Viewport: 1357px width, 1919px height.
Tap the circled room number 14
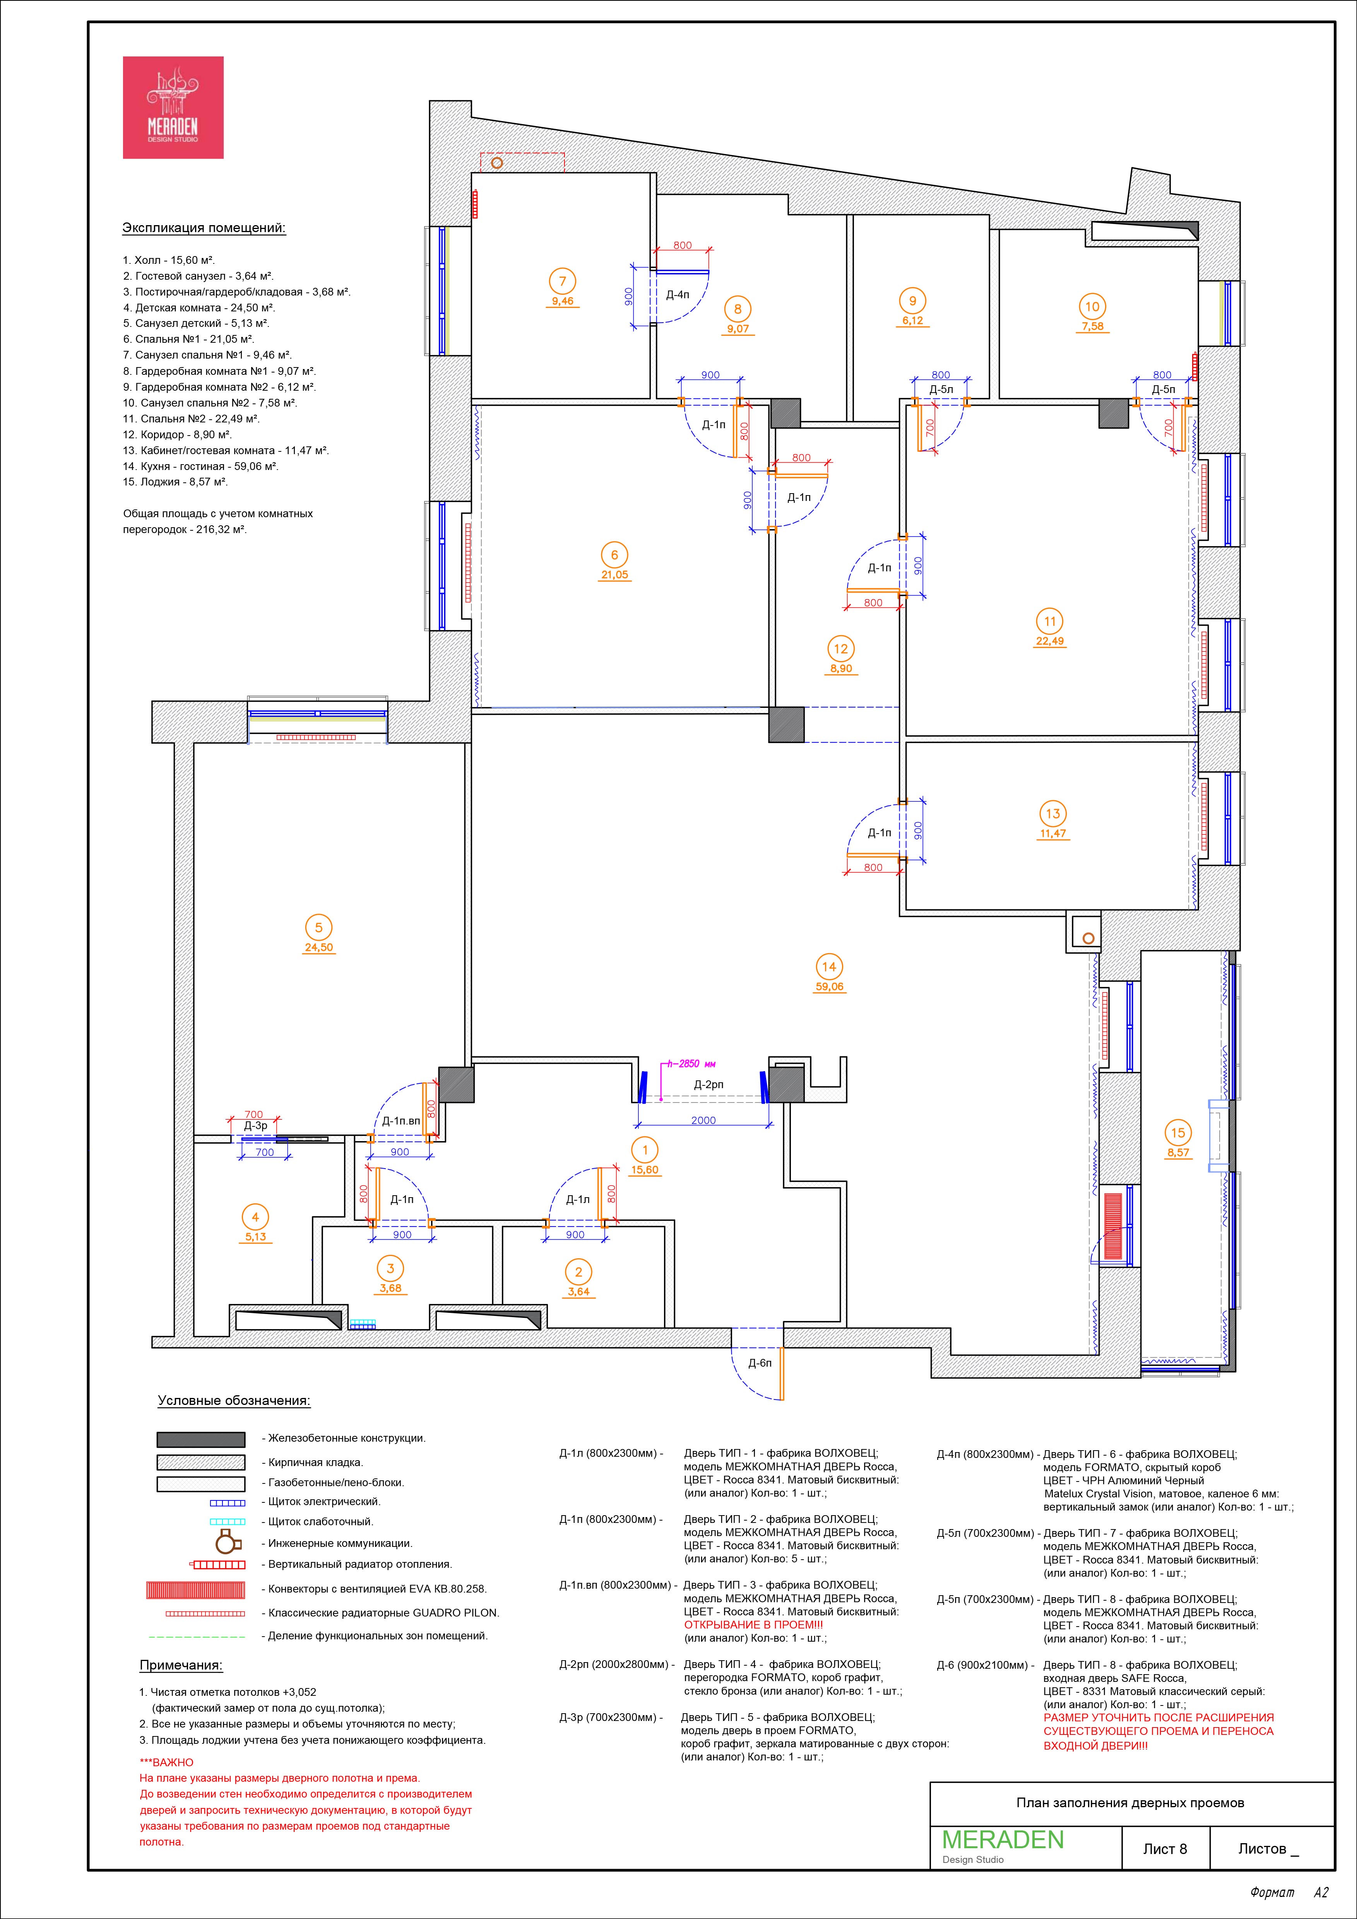pyautogui.click(x=828, y=967)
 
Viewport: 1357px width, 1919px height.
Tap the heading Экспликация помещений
pyautogui.click(x=204, y=228)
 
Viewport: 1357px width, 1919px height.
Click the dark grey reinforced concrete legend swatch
pyautogui.click(x=201, y=1439)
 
